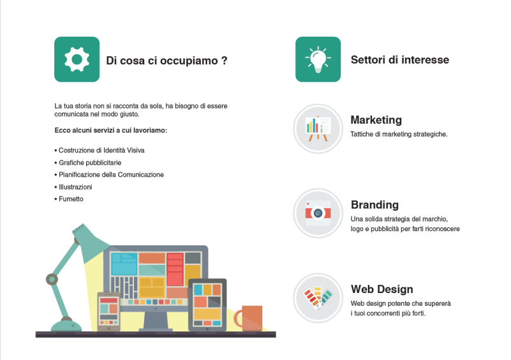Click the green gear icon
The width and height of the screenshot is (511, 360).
(x=77, y=59)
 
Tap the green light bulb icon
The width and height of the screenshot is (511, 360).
(x=318, y=59)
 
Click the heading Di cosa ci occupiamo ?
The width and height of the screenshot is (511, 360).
(x=167, y=61)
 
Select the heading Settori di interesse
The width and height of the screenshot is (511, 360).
(x=400, y=59)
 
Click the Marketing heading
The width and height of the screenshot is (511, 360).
(x=376, y=120)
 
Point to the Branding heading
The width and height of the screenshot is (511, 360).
(x=374, y=205)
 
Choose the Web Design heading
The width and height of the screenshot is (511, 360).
(x=382, y=289)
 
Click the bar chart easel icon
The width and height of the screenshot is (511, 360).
(x=318, y=129)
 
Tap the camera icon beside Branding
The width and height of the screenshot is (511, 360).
(x=318, y=213)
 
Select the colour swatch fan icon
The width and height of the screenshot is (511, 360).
(x=318, y=298)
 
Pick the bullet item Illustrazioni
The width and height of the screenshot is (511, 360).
(x=73, y=187)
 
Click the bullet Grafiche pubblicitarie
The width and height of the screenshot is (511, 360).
(x=88, y=162)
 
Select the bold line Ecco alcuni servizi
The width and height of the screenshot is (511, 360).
(x=111, y=130)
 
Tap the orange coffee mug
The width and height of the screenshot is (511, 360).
(x=249, y=318)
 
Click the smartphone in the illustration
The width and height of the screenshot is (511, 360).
(x=108, y=311)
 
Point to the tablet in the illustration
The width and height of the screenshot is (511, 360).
(x=207, y=305)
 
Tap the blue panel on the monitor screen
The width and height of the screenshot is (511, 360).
(x=124, y=264)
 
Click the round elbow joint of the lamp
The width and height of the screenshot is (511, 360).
(x=52, y=280)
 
